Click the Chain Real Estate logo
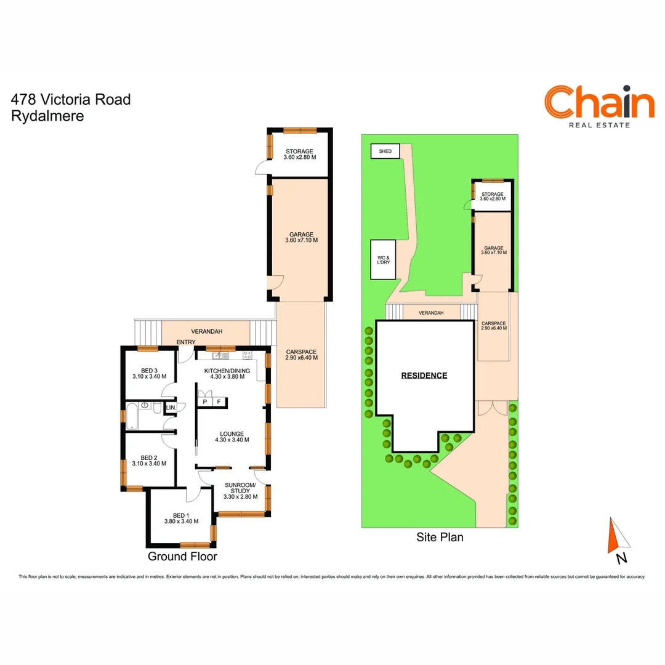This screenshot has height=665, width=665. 598,107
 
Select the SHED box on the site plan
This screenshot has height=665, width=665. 385,151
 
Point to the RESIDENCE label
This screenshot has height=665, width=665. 424,375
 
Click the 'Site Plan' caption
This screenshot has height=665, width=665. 440,538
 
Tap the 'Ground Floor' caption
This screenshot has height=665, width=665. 182,557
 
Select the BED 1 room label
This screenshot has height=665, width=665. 181,518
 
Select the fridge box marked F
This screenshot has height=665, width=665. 219,402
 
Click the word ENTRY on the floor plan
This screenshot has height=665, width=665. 186,342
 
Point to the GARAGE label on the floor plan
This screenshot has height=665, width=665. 302,237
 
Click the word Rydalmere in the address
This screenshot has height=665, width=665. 47,115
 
